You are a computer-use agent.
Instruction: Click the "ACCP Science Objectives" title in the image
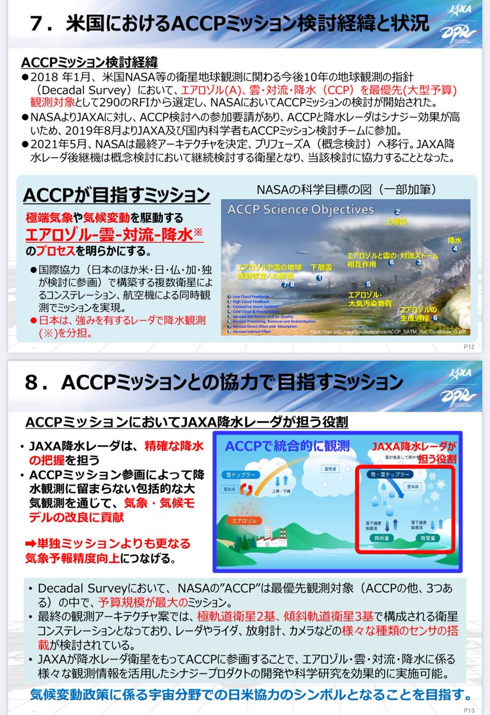coord(301,210)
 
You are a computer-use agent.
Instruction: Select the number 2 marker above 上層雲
coord(397,211)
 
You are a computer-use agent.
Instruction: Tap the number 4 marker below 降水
coord(455,249)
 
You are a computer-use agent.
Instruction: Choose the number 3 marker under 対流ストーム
coord(419,262)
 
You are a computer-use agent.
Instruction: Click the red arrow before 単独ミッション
coord(31,544)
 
